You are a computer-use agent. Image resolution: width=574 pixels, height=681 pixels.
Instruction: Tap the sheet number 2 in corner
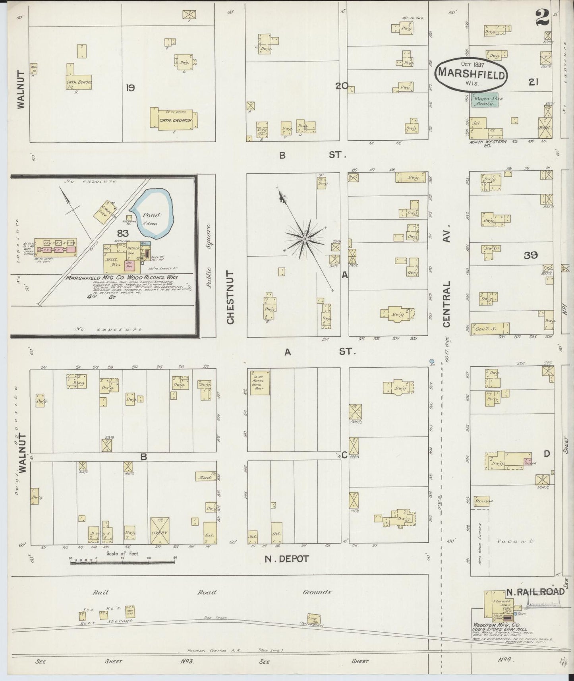tap(542, 17)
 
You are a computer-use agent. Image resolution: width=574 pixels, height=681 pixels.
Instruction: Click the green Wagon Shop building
tap(485, 100)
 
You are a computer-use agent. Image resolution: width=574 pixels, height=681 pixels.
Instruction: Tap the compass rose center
tap(305, 238)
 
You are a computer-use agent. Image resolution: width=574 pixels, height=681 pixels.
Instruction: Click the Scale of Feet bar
tap(123, 562)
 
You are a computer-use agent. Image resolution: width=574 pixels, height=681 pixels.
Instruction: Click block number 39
tap(531, 255)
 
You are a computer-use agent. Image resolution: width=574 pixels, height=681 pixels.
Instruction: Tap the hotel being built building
tap(260, 382)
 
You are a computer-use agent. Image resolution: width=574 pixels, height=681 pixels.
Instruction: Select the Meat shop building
tap(205, 477)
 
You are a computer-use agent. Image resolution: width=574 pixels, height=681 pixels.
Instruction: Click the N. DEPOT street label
tap(287, 559)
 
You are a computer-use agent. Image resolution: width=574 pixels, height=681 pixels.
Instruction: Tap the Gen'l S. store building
tap(490, 328)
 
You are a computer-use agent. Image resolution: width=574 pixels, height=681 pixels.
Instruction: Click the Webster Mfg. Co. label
tap(488, 625)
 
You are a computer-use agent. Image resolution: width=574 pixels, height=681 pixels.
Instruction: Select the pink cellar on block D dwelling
tap(528, 462)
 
